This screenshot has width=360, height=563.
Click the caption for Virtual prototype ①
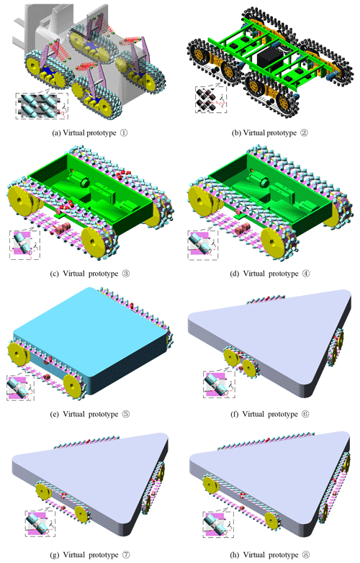[90, 133]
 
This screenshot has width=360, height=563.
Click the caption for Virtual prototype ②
[269, 133]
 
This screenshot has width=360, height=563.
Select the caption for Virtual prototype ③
[90, 274]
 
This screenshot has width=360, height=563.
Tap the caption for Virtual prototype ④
[269, 274]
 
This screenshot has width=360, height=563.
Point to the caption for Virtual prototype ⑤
[90, 414]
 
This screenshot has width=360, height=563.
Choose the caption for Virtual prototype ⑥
[269, 414]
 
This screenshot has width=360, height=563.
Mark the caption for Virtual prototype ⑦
[90, 555]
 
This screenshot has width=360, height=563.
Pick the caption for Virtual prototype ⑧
[269, 555]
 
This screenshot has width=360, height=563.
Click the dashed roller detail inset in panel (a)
[42, 106]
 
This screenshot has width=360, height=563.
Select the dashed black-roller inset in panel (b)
[211, 99]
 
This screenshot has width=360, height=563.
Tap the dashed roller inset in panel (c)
[24, 245]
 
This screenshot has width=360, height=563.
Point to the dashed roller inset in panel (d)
[203, 245]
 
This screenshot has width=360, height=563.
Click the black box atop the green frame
[269, 57]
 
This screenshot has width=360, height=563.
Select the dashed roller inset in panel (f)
[219, 384]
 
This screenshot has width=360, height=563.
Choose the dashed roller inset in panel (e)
[20, 387]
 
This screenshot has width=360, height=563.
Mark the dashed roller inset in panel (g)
[40, 523]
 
